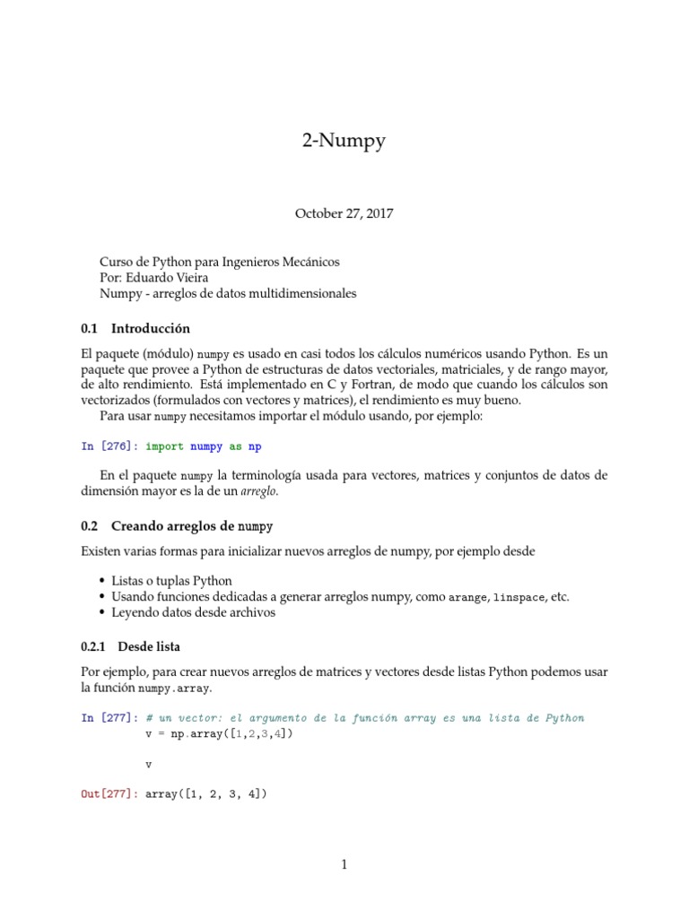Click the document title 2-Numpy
344,140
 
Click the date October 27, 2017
344,213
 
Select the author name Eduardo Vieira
176,277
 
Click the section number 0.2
89,525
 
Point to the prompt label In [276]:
109,446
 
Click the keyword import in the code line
164,446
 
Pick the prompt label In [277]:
109,718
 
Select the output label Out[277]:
109,794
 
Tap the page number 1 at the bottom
344,864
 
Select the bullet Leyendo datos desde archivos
193,613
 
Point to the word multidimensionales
293,293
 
